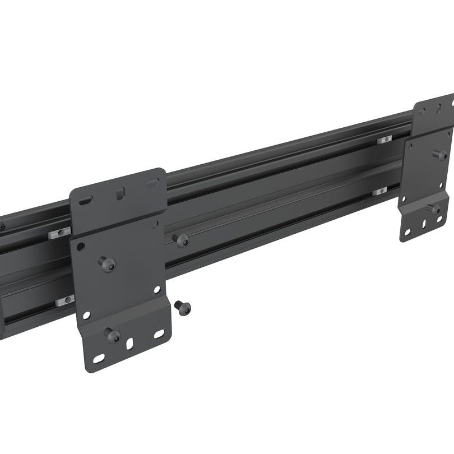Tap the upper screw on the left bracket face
coord(107,263)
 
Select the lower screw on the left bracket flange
coord(112,335)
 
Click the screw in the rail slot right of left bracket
coord(180,240)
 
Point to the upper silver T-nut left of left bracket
coord(59,233)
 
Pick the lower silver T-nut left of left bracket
coord(65,300)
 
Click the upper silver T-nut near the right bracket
coord(384,138)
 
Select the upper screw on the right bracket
coord(441,154)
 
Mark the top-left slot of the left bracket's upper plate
coord(86,200)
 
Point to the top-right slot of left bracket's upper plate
coord(152,183)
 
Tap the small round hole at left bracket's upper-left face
coord(81,246)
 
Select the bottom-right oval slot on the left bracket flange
coord(159,334)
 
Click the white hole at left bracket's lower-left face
coord(86,316)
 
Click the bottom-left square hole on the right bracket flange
coord(407,231)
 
